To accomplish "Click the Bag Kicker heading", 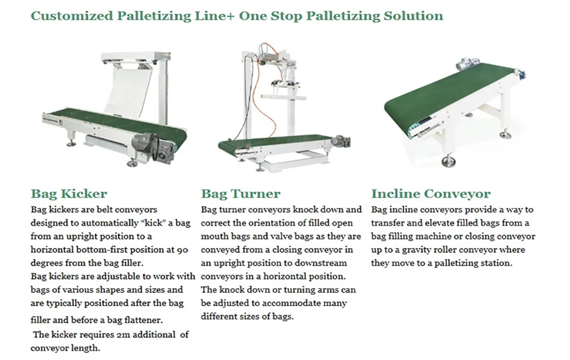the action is click(x=69, y=193).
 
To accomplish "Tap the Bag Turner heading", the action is click(x=241, y=193).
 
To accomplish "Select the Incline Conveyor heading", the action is click(x=431, y=193).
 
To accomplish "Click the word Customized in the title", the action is click(x=72, y=16).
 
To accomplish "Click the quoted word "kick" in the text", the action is click(x=156, y=223).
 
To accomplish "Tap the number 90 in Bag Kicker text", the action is click(x=182, y=250).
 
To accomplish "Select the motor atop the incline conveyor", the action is click(x=467, y=65).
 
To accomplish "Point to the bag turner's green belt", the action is click(x=275, y=142).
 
